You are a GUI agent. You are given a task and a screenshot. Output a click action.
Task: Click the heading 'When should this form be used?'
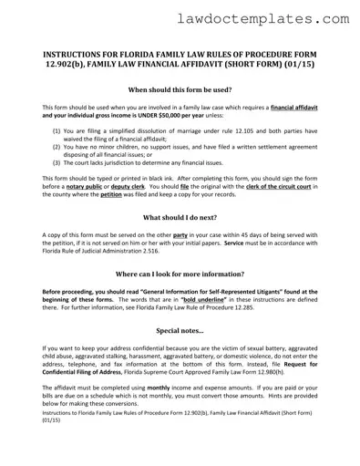point(180,91)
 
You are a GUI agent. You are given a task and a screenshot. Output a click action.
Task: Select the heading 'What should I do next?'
point(180,219)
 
